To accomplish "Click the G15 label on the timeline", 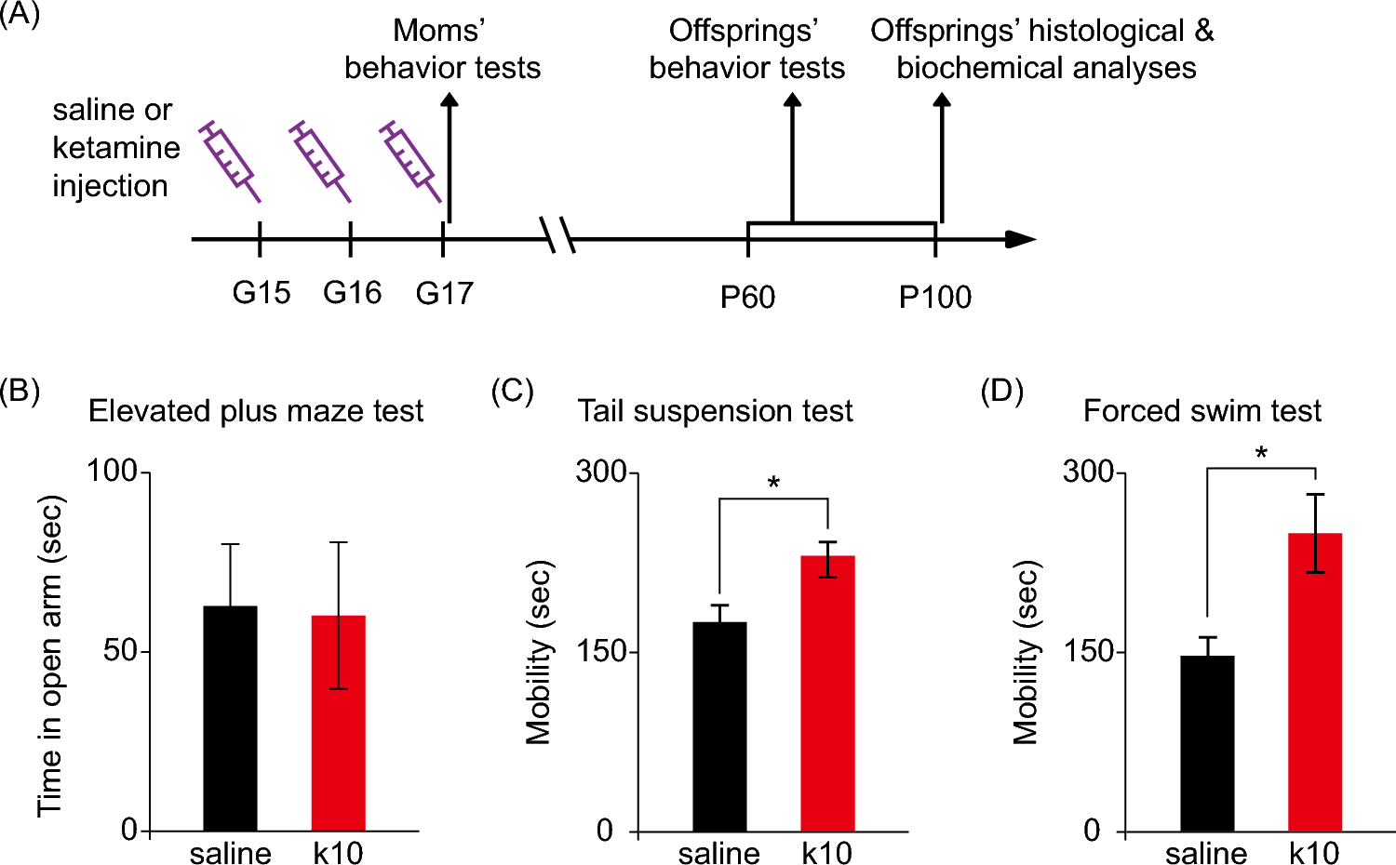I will pyautogui.click(x=261, y=293).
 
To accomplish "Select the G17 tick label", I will pyautogui.click(x=444, y=294).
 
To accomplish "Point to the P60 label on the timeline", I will pyautogui.click(x=747, y=298).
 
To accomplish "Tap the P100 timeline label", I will pyautogui.click(x=934, y=298).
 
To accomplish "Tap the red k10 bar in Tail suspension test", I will pyautogui.click(x=827, y=693).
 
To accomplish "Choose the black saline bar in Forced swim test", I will pyautogui.click(x=1207, y=743).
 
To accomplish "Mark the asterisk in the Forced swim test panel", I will pyautogui.click(x=1261, y=454).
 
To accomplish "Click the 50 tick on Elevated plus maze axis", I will pyautogui.click(x=121, y=650).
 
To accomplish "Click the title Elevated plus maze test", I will pyautogui.click(x=256, y=411).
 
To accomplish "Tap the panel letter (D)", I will pyautogui.click(x=1001, y=391).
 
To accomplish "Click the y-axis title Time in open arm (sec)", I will pyautogui.click(x=51, y=656).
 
